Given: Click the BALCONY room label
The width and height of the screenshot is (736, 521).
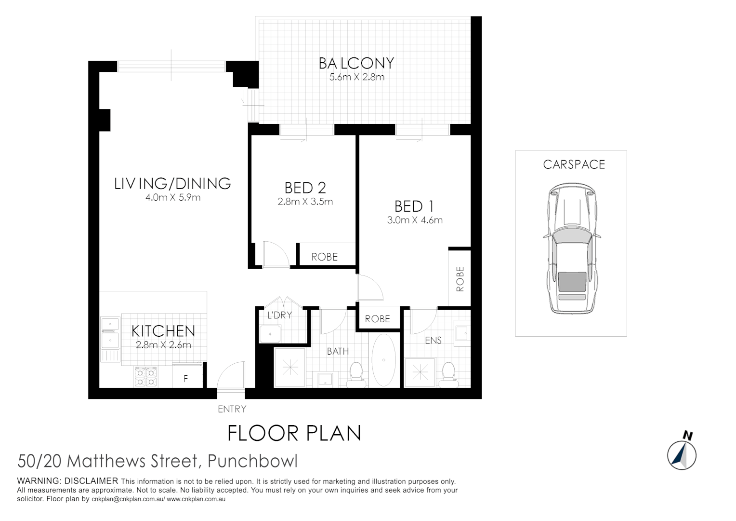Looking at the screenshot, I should (356, 63).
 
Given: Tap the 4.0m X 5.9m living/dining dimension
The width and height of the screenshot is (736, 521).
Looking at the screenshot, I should (173, 197).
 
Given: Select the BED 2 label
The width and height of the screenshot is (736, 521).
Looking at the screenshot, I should (305, 188).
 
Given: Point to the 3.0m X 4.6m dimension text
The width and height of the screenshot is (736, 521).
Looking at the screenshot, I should (415, 220).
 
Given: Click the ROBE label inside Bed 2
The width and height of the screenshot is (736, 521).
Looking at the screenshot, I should (324, 257).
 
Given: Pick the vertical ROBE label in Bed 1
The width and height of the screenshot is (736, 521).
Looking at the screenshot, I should (460, 279).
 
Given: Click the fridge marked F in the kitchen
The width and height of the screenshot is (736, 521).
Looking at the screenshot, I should (186, 379).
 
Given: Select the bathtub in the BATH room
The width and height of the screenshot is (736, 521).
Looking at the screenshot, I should (384, 360).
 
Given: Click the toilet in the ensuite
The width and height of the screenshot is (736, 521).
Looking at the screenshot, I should (448, 374).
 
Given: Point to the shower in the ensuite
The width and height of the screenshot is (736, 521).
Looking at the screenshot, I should (420, 372).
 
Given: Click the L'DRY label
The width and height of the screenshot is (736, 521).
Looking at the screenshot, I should (279, 315).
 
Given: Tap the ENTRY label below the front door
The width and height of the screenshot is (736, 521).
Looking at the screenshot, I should (232, 409).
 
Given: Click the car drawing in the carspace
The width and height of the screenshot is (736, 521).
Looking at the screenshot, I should (572, 248).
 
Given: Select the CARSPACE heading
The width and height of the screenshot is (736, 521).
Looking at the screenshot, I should (574, 165).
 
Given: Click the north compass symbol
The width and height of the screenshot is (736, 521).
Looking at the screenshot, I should (682, 453).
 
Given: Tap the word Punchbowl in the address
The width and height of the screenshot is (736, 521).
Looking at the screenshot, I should (252, 461).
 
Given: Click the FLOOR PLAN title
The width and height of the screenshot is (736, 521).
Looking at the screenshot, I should (294, 433).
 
